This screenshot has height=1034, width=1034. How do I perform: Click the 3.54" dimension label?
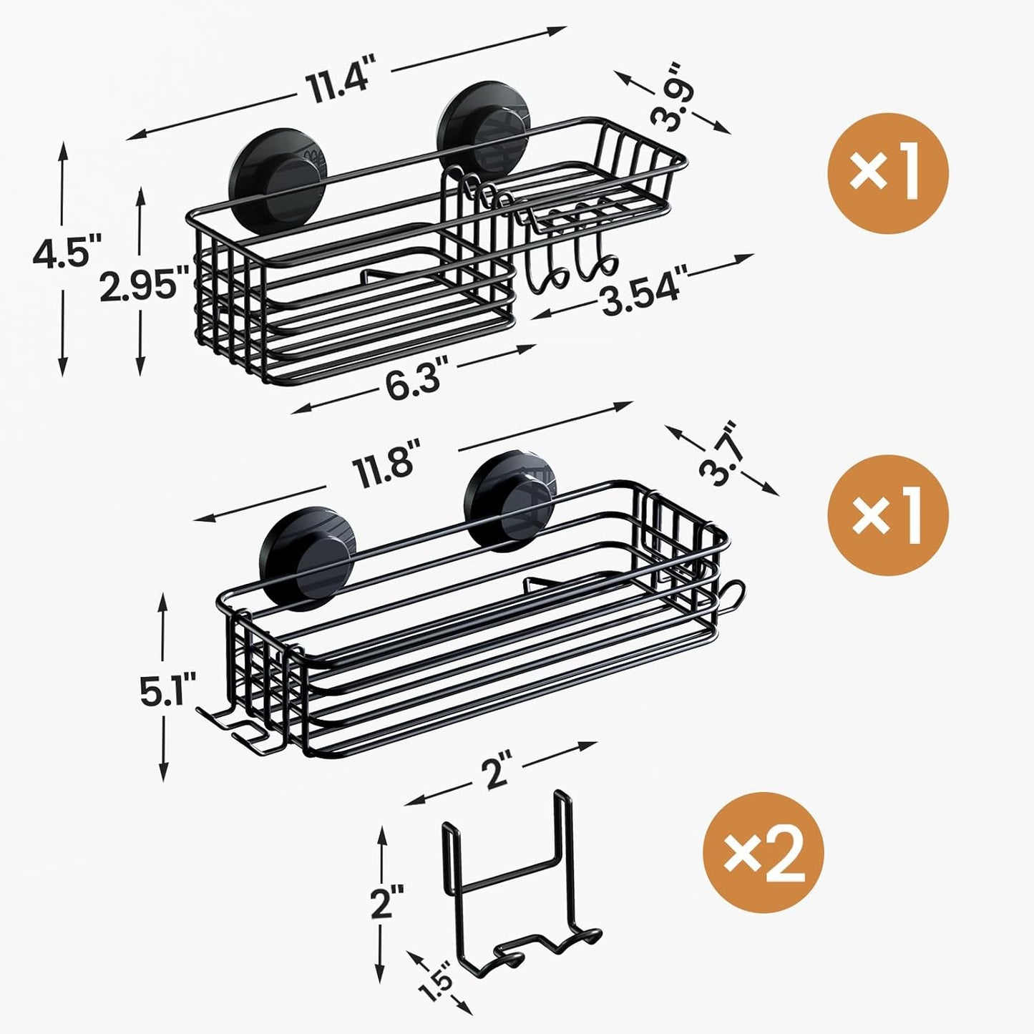(643, 283)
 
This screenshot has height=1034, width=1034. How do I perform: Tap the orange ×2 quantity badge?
(764, 853)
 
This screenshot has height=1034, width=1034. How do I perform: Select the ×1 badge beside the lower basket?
(887, 517)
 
